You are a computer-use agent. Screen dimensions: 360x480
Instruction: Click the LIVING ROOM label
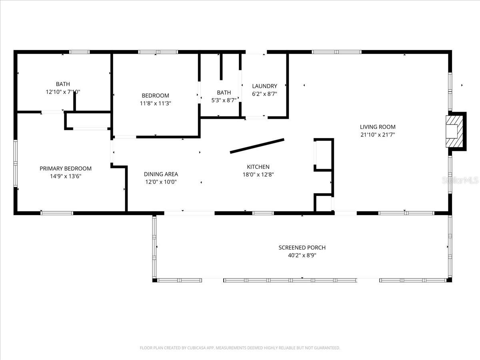[x=378, y=127]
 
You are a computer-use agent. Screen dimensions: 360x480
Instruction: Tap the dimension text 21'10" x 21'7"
[x=378, y=135]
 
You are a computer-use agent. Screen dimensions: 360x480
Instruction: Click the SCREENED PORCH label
[x=302, y=248]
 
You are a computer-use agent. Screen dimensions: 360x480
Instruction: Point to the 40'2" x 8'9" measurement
[x=302, y=255]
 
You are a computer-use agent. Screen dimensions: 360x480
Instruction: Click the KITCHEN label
[x=258, y=167]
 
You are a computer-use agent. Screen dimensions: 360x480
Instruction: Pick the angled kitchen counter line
[x=257, y=146]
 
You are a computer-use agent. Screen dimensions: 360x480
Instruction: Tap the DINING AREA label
[x=161, y=174]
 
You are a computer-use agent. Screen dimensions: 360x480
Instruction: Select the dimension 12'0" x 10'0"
[x=161, y=182]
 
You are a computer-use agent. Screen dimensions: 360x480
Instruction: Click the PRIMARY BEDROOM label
[x=66, y=168]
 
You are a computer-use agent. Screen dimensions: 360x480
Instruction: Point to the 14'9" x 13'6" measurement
[x=66, y=176]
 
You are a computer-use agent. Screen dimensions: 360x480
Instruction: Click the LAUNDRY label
[x=264, y=86]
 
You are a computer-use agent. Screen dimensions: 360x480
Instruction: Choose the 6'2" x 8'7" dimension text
[x=264, y=94]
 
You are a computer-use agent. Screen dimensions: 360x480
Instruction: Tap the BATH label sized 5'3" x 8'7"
[x=224, y=92]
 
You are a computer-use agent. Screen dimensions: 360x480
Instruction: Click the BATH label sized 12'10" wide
[x=63, y=84]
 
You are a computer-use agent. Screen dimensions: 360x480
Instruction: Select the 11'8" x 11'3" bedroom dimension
[x=155, y=103]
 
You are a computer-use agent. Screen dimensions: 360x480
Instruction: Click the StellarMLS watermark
[x=460, y=180]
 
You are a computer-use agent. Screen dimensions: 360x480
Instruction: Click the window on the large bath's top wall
[x=79, y=52]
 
